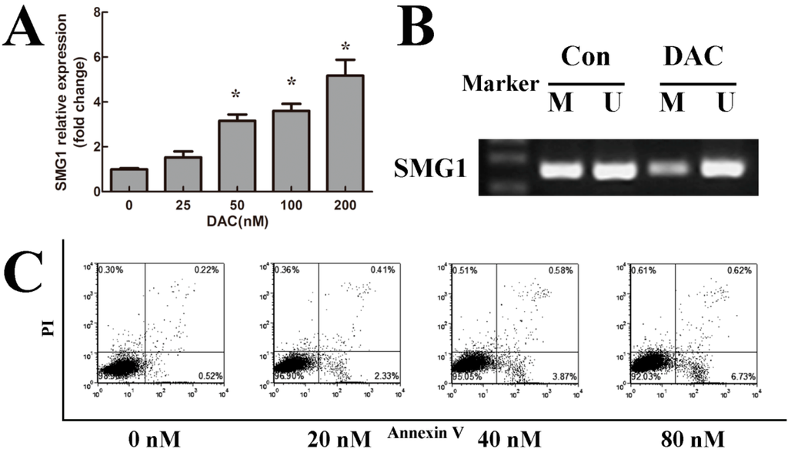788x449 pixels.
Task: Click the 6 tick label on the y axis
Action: click(x=95, y=58)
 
